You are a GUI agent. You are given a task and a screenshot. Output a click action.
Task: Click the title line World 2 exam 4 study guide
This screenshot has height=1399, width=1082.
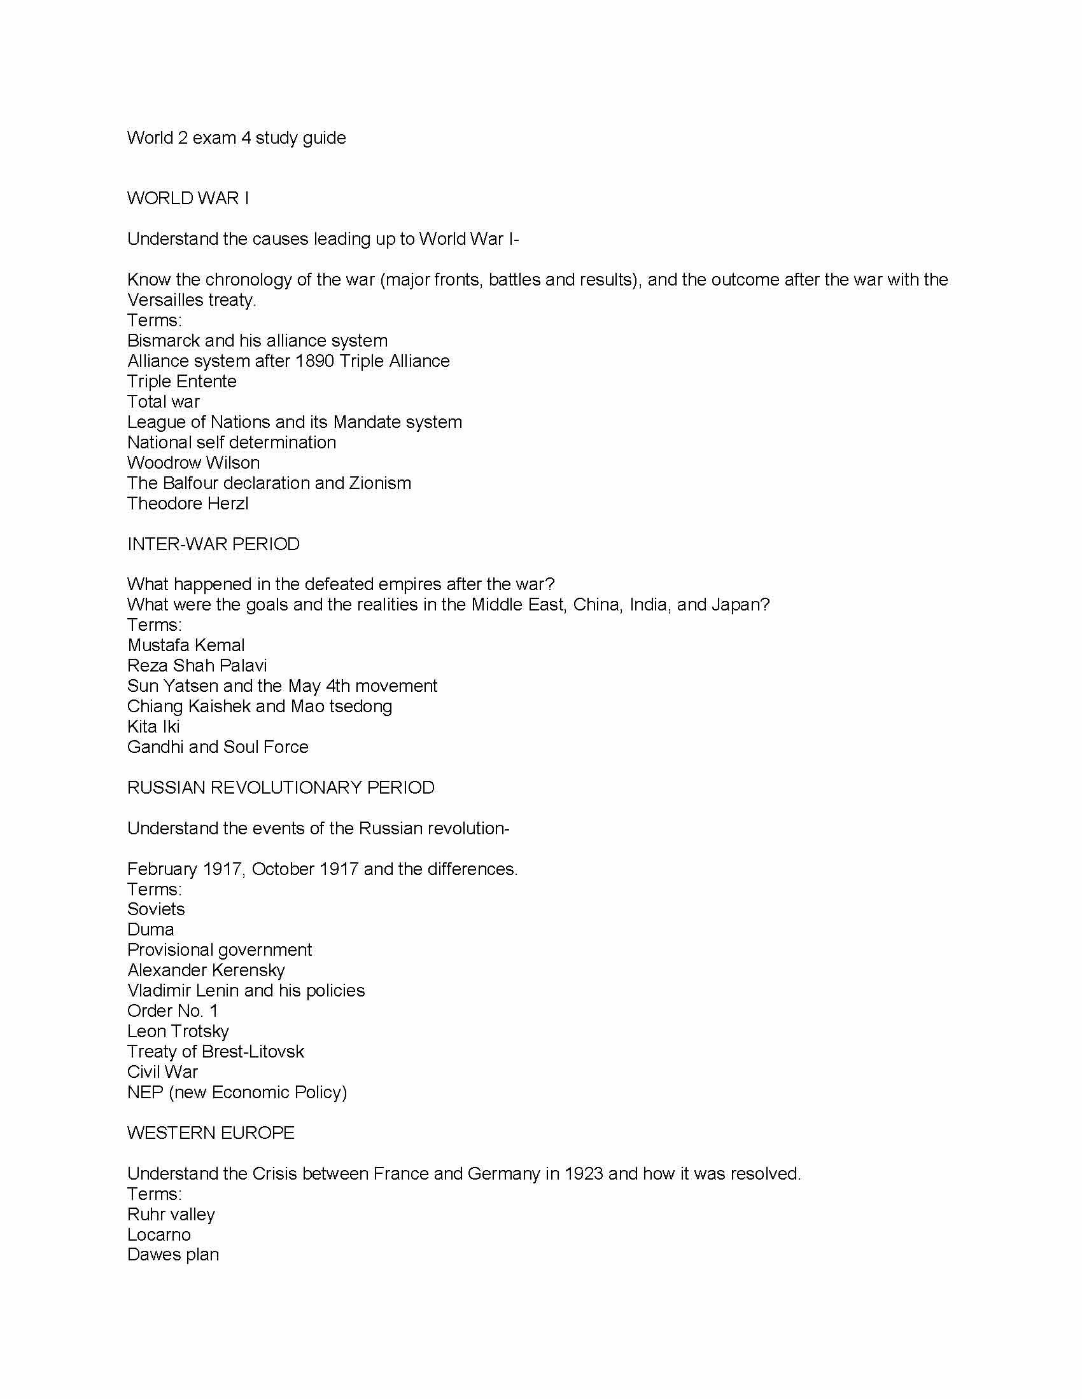pyautogui.click(x=236, y=138)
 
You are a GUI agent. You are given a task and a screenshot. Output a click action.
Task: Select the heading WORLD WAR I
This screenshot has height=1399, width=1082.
pyautogui.click(x=188, y=198)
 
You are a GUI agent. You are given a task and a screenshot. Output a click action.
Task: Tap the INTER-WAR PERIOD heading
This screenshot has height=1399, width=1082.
pyautogui.click(x=213, y=544)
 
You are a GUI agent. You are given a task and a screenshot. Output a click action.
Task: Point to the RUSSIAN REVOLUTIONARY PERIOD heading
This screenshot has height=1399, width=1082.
pyautogui.click(x=280, y=787)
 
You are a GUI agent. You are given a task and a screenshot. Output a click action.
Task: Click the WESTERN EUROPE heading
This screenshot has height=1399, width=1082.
pyautogui.click(x=210, y=1133)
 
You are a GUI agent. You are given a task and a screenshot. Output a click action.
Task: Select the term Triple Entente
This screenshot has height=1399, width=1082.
pyautogui.click(x=181, y=381)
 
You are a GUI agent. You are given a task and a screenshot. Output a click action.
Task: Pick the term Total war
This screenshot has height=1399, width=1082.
pyautogui.click(x=163, y=402)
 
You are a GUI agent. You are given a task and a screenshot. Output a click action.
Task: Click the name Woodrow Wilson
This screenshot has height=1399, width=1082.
pyautogui.click(x=193, y=462)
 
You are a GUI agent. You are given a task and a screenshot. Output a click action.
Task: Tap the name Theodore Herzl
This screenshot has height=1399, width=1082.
pyautogui.click(x=187, y=504)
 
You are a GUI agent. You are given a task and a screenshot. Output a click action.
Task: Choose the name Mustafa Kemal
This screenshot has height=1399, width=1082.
pyautogui.click(x=185, y=645)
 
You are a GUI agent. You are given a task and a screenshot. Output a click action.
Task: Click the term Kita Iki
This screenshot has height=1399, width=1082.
pyautogui.click(x=153, y=726)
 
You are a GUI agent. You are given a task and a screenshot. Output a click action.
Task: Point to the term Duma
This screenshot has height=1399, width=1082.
pyautogui.click(x=150, y=930)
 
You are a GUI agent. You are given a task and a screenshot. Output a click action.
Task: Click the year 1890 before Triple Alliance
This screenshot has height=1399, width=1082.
pyautogui.click(x=314, y=361)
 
